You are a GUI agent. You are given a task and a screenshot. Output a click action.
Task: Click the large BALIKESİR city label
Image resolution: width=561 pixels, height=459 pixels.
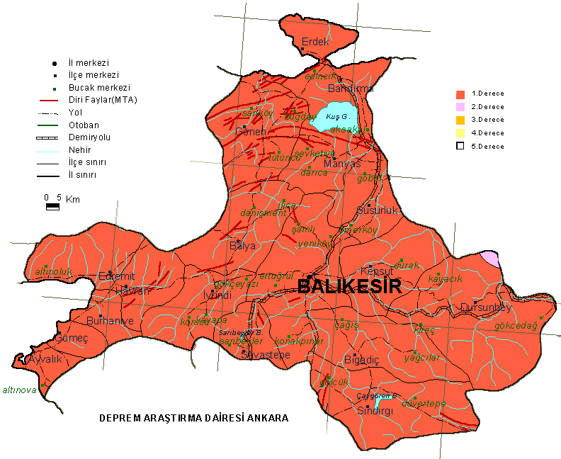click(x=349, y=287)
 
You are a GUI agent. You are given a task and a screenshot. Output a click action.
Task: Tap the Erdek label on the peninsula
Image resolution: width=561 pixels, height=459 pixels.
click(x=315, y=42)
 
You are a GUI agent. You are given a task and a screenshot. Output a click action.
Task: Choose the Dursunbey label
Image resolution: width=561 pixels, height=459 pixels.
click(x=485, y=307)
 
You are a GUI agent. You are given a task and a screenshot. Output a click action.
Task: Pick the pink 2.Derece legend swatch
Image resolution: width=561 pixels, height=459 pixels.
click(x=460, y=107)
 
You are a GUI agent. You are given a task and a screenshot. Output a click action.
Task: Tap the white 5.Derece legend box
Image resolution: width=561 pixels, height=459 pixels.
click(x=460, y=146)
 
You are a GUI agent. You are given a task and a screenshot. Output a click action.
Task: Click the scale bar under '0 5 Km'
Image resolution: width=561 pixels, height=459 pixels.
click(x=52, y=207)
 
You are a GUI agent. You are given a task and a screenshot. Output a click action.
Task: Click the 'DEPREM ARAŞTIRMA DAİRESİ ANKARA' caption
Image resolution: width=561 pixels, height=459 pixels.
click(x=193, y=418)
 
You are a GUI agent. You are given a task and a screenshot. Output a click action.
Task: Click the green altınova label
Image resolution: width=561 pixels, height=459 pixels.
click(x=19, y=390)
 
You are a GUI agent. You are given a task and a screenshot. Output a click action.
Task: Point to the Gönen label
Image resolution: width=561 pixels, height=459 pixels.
click(x=251, y=132)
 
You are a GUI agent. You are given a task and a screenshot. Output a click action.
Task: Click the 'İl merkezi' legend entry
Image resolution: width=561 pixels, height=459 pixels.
click(x=88, y=63)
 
